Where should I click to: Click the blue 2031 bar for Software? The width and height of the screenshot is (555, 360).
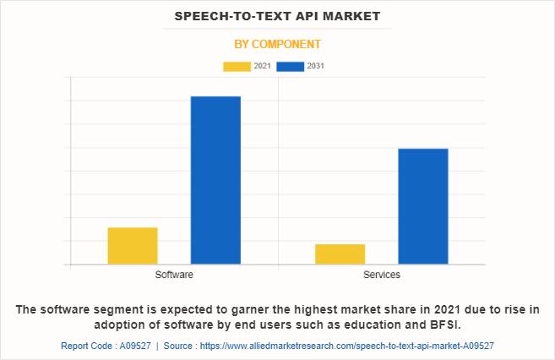tap(215, 180)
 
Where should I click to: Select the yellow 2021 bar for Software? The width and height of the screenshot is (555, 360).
tap(133, 246)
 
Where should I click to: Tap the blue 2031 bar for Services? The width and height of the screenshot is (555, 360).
tap(422, 206)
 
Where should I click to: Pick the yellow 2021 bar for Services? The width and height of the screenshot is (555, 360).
tap(340, 254)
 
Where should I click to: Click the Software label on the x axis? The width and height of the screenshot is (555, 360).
tap(174, 275)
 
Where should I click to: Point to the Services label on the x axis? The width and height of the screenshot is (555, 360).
tap(381, 275)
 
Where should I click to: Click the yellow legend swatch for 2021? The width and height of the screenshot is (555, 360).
tap(237, 66)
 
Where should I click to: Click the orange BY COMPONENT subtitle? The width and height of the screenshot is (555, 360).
tap(277, 44)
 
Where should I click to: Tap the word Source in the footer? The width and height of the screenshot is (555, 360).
tap(178, 346)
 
